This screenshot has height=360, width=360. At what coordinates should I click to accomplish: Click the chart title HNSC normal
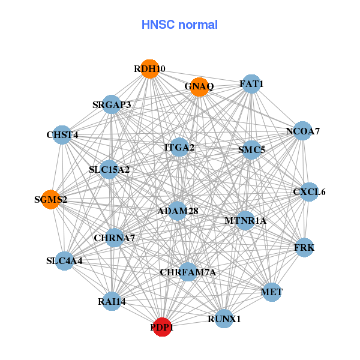coord(179,25)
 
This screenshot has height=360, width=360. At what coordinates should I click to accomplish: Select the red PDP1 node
coord(162,327)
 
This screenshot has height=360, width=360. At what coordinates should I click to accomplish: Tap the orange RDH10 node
coord(149,69)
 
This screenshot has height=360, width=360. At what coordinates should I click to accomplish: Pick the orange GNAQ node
coord(199,86)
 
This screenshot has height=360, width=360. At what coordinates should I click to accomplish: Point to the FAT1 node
coord(251,84)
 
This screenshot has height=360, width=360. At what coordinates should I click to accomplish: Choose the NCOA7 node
coord(302,131)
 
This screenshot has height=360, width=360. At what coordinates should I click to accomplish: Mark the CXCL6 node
coord(309,192)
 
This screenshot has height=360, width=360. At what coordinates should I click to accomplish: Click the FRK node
coord(304,247)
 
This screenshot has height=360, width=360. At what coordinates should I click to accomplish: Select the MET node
coord(272,292)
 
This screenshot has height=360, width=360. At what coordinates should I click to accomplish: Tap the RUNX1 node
coord(224,319)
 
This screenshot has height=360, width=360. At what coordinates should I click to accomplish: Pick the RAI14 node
coord(112,301)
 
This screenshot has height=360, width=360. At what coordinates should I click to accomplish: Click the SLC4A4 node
coord(64,261)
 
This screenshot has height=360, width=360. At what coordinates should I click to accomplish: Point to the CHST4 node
coord(62,135)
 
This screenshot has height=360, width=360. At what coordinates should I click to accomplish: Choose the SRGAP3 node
coord(112,105)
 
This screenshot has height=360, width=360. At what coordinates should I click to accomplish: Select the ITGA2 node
coord(179,147)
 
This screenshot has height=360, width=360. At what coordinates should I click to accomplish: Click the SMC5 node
coord(251,149)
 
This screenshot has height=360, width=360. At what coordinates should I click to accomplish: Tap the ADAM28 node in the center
coord(178,211)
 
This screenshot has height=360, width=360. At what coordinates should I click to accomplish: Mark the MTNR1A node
coord(245,221)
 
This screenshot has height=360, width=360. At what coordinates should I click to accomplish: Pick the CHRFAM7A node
coord(188,272)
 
